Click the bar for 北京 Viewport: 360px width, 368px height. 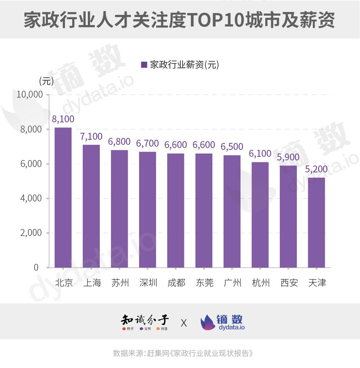coord(63,197)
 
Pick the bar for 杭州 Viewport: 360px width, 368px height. coord(260,215)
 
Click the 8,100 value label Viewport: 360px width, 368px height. coord(63,119)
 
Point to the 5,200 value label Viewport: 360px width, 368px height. coord(316,169)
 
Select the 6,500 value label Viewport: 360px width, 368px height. coord(232,147)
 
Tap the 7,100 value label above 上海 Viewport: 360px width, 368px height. coord(91,136)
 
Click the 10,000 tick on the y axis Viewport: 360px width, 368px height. coord(30,95)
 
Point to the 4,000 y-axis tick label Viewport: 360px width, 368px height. coord(32,199)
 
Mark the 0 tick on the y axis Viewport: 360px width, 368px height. coord(36,267)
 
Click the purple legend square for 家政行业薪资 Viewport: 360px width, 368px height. coord(144,65)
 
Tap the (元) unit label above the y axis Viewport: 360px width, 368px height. coord(46,81)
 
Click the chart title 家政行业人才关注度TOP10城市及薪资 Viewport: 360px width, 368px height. coord(180,20)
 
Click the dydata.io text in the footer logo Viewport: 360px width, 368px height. coord(232,327)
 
